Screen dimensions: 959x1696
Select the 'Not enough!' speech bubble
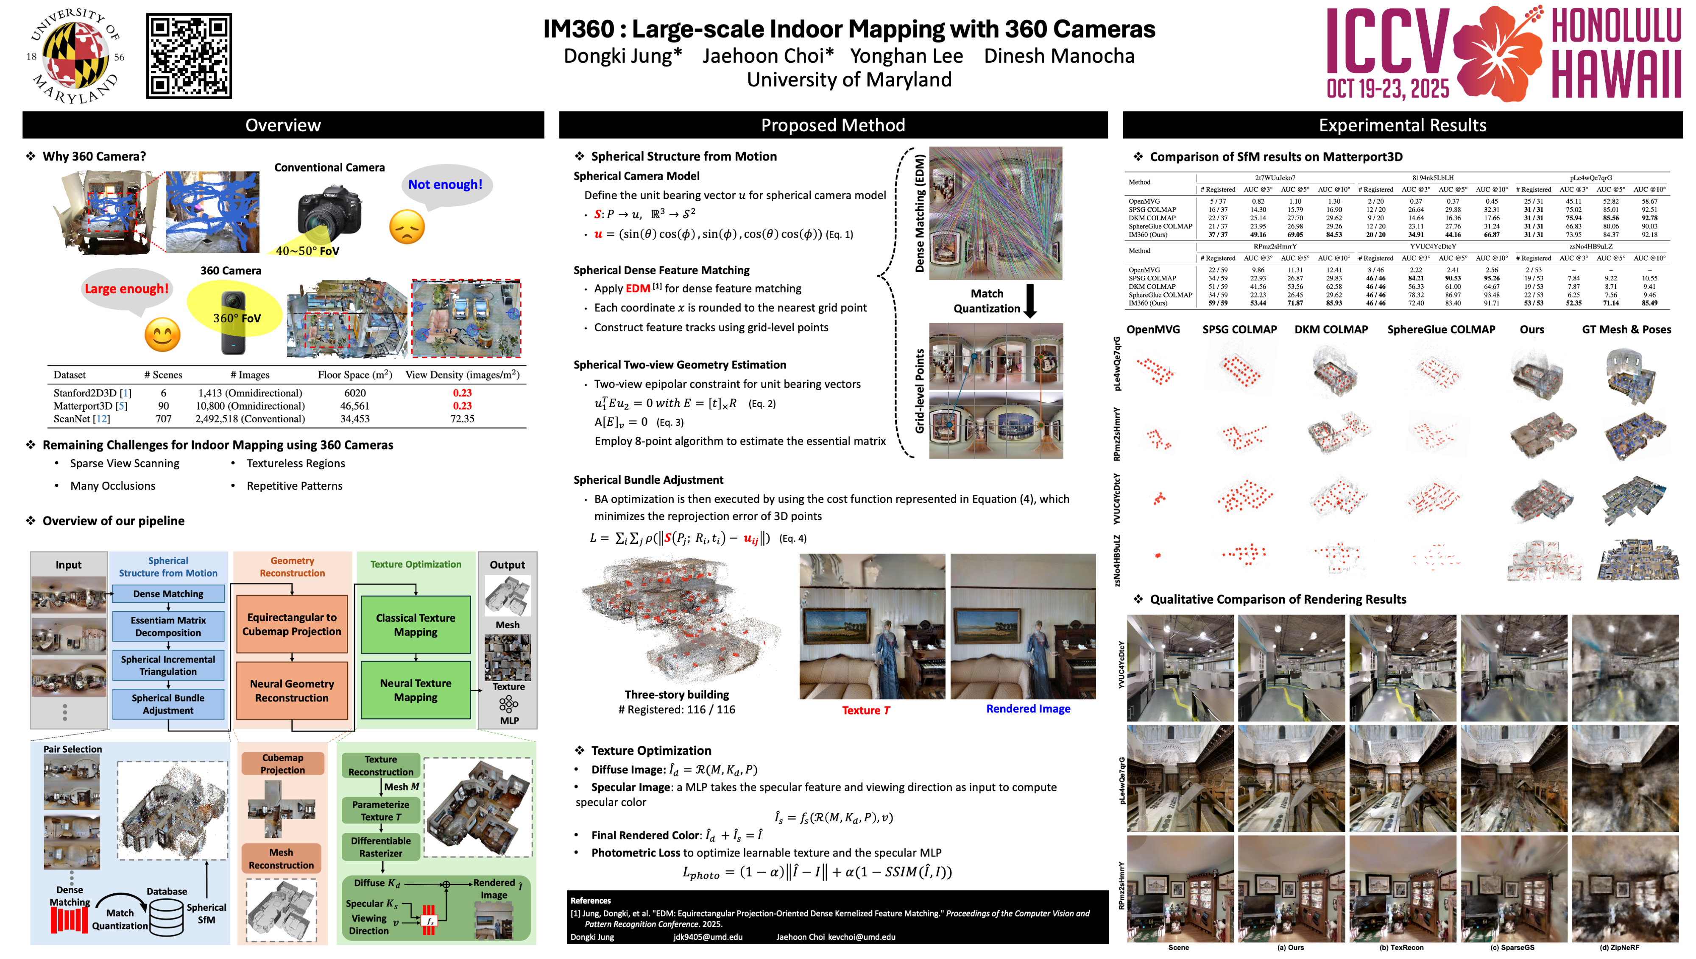point(446,185)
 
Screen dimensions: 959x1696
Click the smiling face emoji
point(162,335)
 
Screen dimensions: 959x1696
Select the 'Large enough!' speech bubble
point(126,289)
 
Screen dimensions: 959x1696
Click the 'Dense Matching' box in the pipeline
point(168,593)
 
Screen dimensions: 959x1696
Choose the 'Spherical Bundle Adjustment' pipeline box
point(168,704)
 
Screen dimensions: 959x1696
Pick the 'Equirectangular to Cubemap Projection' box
point(291,624)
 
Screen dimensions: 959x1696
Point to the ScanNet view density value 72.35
point(462,419)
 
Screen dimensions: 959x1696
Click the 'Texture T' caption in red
point(865,710)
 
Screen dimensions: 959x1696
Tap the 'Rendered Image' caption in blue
point(1028,709)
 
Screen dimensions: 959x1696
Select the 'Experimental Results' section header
point(1402,125)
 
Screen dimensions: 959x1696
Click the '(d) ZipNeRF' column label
point(1619,948)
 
